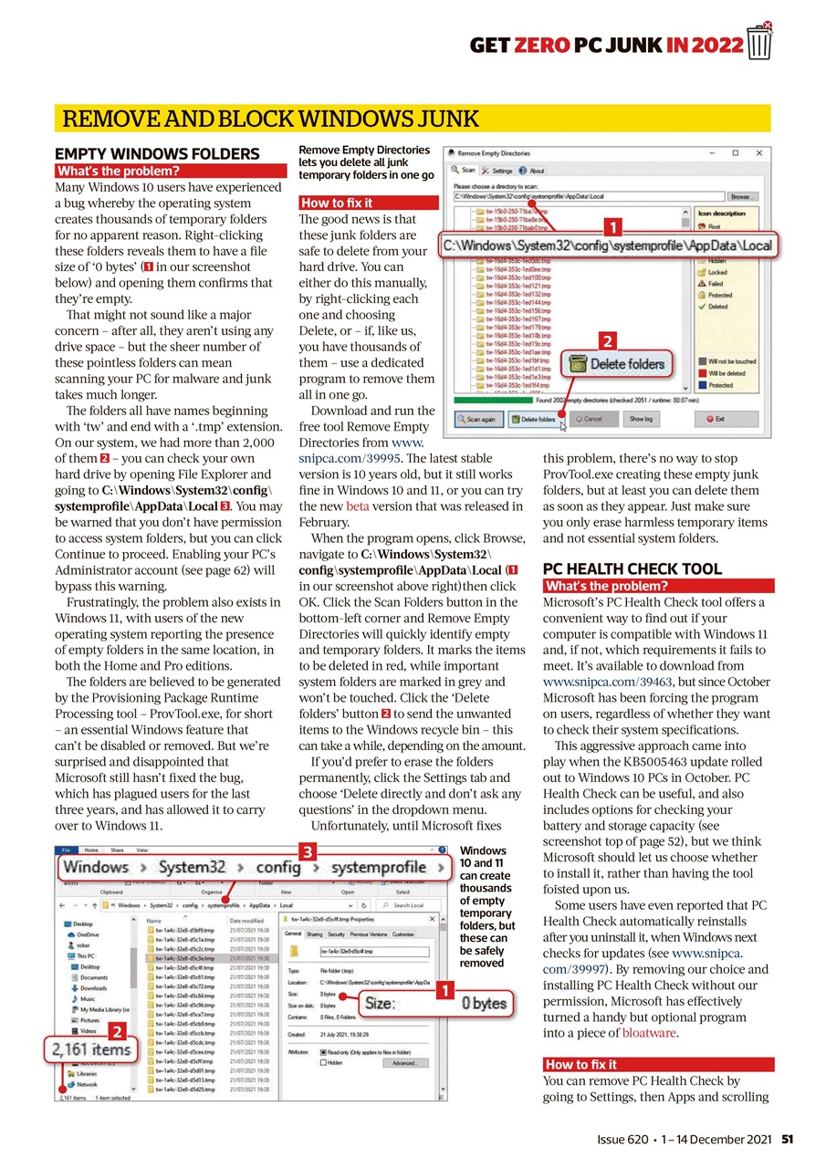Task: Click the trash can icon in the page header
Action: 759,41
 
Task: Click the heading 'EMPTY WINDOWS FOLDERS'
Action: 157,154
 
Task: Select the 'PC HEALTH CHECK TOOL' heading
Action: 632,569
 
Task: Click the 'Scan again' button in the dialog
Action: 476,420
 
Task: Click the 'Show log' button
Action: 641,420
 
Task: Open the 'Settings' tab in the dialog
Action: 498,171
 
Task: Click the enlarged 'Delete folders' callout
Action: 619,364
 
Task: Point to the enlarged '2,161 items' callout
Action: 90,1052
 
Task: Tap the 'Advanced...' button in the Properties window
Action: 404,1063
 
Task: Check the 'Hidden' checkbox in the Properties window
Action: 324,1063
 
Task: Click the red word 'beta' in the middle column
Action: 357,506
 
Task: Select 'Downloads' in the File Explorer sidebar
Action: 93,988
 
